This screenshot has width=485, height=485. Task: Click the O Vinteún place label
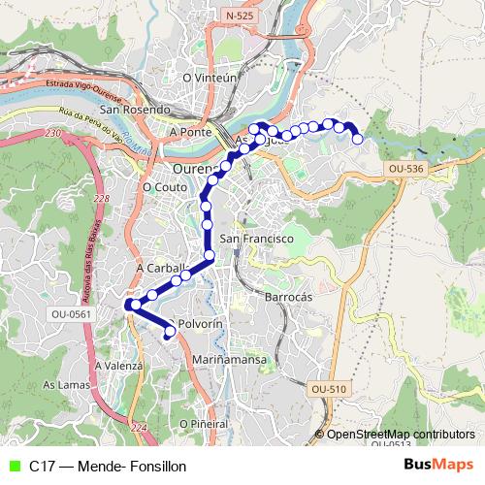(x=210, y=78)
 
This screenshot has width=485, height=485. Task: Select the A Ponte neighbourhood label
(x=190, y=131)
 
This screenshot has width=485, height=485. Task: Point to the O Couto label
(x=163, y=187)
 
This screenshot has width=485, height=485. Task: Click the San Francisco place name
(x=256, y=239)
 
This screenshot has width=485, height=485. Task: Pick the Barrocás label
(x=288, y=297)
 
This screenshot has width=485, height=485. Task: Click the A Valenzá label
(x=119, y=366)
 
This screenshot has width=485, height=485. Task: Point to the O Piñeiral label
(x=203, y=424)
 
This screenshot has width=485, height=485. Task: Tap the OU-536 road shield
(x=406, y=169)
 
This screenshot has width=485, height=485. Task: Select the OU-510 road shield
(x=329, y=389)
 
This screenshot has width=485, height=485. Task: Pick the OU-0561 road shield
(x=71, y=313)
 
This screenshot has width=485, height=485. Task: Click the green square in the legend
(x=12, y=466)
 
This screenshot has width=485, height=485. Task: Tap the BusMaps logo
(x=439, y=466)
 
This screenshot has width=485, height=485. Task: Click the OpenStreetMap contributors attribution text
(x=400, y=434)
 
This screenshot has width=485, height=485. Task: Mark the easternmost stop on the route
(x=358, y=140)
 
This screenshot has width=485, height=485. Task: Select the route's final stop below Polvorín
(x=170, y=334)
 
